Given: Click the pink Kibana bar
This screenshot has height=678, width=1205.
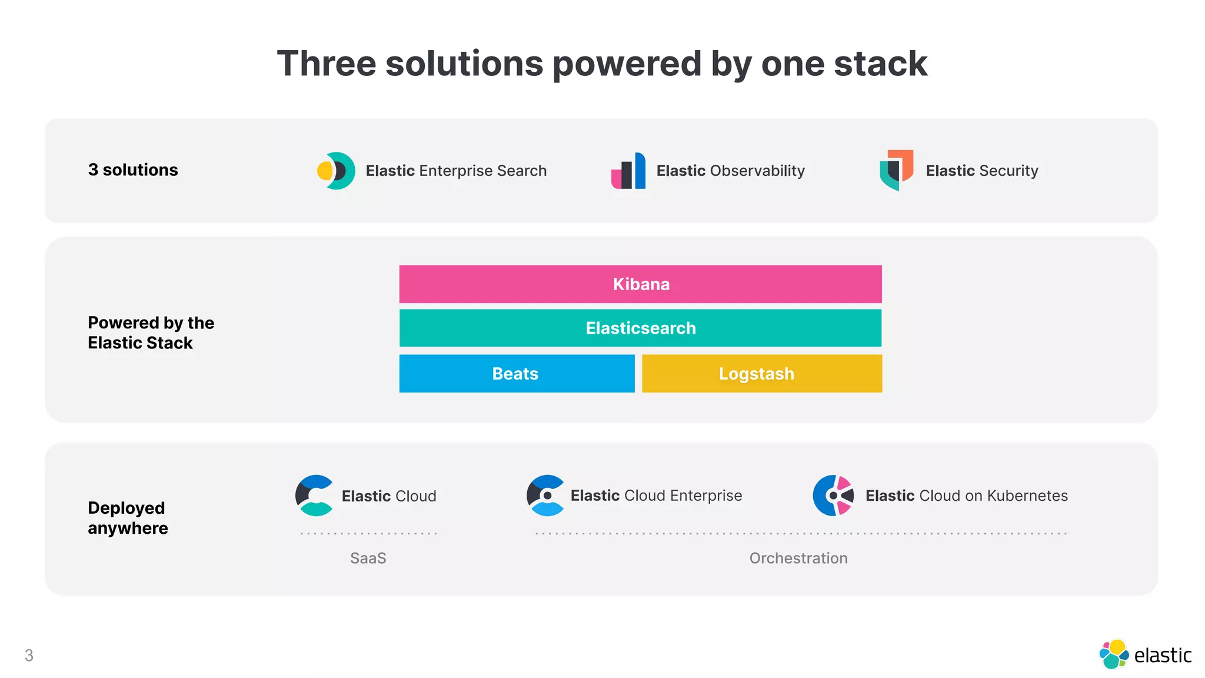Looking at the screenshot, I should [x=640, y=284].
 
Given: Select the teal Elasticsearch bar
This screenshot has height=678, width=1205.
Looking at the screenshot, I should [x=640, y=328].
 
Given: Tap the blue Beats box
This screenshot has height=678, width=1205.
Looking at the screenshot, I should [x=517, y=374].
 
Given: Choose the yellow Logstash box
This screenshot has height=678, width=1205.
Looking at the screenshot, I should [x=761, y=374].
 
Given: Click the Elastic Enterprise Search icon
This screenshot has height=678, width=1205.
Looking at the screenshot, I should [x=336, y=171].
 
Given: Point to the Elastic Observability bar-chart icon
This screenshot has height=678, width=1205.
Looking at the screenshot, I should [x=628, y=171].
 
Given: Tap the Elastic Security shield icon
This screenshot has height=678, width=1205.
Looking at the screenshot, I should [x=896, y=170].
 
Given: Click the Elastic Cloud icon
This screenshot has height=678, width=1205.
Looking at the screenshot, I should [x=315, y=496].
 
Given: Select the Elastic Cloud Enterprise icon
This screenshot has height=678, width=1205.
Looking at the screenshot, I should [x=545, y=496].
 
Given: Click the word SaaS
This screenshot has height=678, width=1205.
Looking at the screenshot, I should [x=368, y=558].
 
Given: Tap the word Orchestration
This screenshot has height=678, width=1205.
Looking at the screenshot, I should [x=798, y=558].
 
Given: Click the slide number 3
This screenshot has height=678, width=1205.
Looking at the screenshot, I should [x=29, y=655].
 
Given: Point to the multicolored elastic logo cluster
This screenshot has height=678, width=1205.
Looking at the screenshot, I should [x=1114, y=654].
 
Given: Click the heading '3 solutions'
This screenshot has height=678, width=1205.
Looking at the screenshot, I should [x=133, y=170].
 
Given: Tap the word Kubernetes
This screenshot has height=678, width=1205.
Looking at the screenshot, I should [x=1027, y=496].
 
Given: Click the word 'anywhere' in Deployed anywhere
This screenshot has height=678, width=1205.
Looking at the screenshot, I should [x=128, y=528].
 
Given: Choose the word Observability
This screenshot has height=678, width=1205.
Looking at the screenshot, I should [x=757, y=171].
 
